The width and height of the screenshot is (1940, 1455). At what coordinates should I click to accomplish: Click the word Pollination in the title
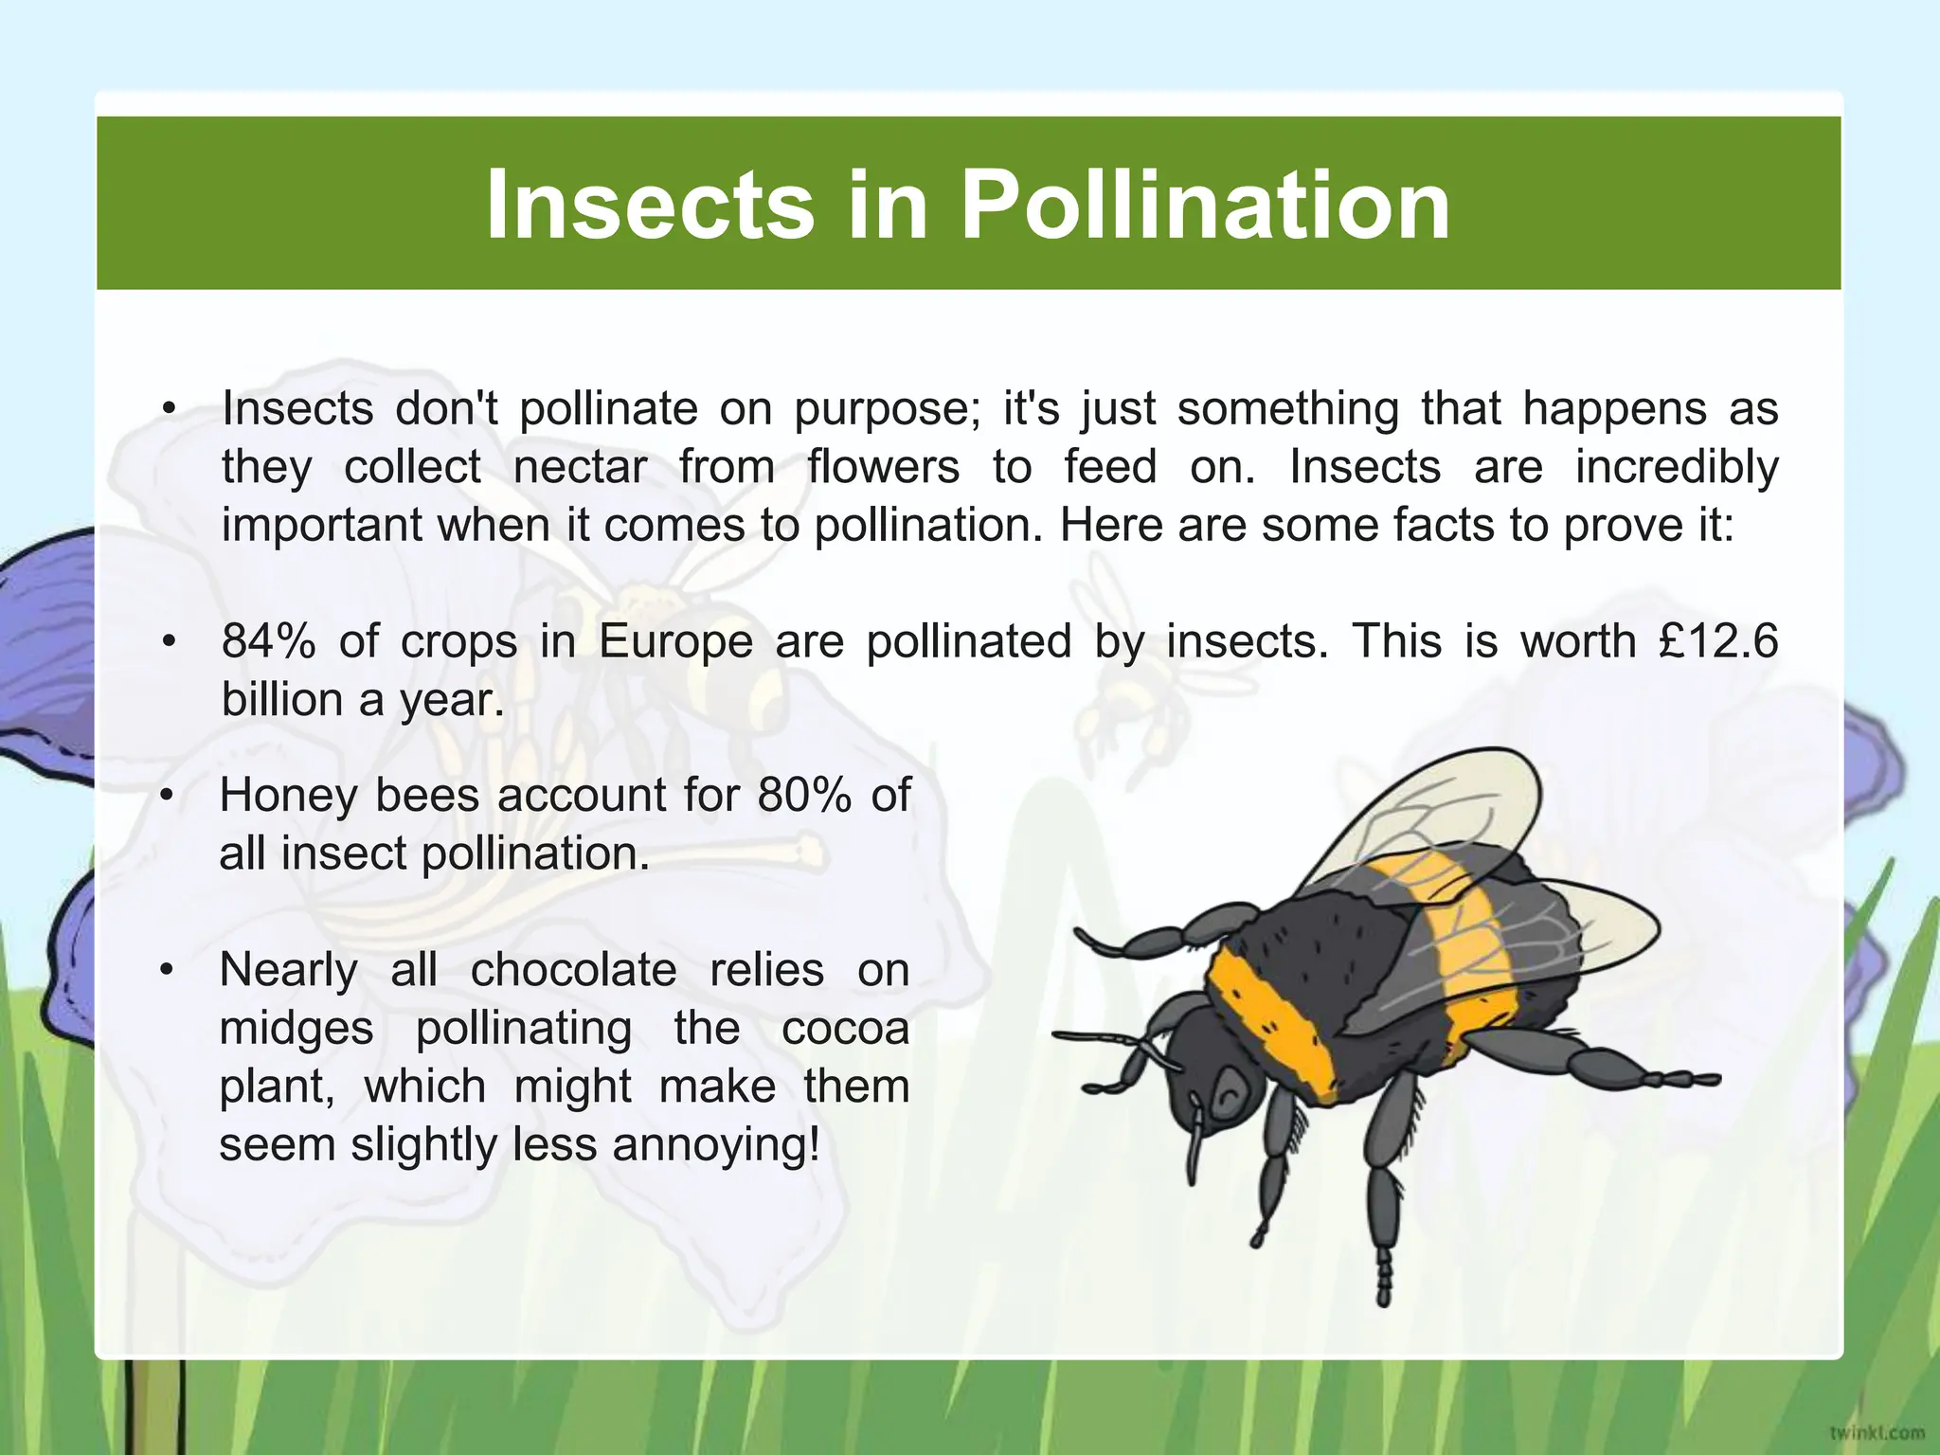(1205, 205)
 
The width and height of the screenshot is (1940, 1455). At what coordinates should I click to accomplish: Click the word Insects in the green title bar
(650, 205)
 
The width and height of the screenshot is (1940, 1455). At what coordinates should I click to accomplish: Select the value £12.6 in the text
(1718, 641)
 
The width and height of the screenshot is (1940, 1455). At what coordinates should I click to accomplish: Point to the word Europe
(675, 641)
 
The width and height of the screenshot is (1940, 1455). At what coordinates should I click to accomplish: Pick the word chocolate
(573, 970)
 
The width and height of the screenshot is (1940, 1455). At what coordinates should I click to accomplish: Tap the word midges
(296, 1029)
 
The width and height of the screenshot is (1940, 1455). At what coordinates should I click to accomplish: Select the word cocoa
(845, 1029)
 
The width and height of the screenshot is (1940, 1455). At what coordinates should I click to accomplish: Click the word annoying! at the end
(715, 1145)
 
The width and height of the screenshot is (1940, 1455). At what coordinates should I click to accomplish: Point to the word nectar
(580, 467)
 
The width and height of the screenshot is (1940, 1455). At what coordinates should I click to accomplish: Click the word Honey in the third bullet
(289, 795)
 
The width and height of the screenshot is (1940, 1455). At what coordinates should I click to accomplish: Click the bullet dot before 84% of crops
(169, 641)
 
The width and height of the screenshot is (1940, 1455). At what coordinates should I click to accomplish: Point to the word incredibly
(1677, 467)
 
